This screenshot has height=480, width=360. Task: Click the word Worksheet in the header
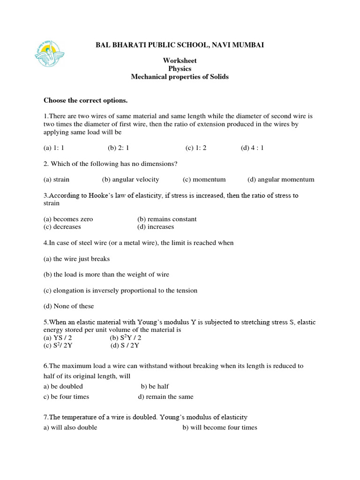(180, 60)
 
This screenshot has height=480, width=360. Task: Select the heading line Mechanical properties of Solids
(180, 76)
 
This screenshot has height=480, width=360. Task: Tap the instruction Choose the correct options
(85, 100)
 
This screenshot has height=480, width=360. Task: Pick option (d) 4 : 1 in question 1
(252, 148)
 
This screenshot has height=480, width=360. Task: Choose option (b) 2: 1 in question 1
(118, 148)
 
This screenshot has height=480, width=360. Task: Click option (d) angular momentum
(281, 180)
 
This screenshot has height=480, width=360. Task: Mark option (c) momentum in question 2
(204, 180)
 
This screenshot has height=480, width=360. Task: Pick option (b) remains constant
(167, 219)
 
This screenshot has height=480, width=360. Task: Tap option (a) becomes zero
(68, 219)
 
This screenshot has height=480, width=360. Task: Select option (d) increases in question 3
(156, 227)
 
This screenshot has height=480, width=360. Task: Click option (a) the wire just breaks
(76, 259)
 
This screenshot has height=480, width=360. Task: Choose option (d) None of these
(68, 306)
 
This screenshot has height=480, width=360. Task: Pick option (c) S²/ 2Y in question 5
(58, 346)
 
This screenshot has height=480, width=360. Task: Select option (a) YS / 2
(58, 338)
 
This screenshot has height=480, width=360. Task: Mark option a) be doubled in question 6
(63, 386)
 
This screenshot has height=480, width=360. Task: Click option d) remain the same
(165, 397)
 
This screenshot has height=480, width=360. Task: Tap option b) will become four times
(219, 427)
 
